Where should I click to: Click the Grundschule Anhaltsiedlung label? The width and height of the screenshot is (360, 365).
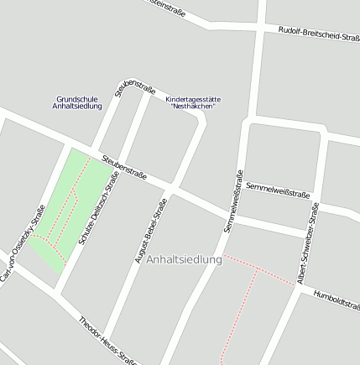[x=77, y=102]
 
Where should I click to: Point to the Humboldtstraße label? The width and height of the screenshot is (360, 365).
[x=337, y=300]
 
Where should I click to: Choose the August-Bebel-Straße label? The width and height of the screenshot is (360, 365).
[x=151, y=230]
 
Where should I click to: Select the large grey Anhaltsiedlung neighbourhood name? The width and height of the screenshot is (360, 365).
[x=184, y=260]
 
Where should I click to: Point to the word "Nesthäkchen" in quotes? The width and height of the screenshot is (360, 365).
[x=192, y=107]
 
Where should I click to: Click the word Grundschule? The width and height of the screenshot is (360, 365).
[x=77, y=98]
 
